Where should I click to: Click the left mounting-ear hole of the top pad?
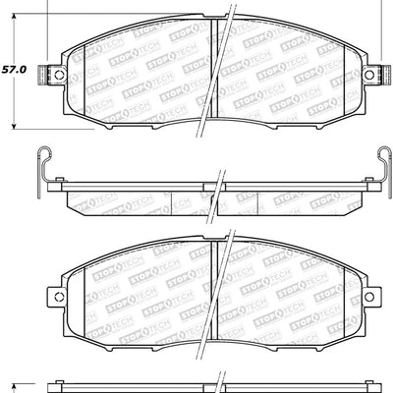[x=57, y=76]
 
